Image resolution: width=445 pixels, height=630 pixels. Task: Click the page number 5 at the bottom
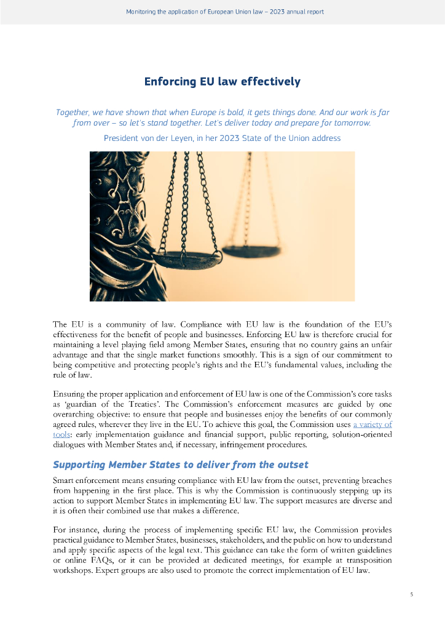412,594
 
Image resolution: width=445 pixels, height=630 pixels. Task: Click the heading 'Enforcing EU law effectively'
222,81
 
